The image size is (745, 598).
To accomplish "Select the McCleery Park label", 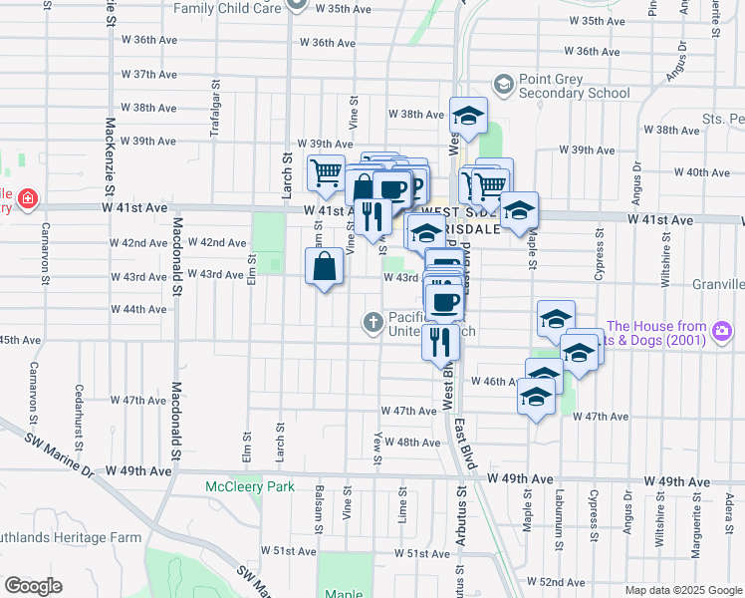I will coord(250,486).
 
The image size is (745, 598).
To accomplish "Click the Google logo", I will coord(33,585).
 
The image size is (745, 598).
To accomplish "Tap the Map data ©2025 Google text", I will coord(682,589).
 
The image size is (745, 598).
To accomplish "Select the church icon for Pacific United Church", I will coord(372,321).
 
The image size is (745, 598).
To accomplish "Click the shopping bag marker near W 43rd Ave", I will coord(324,267).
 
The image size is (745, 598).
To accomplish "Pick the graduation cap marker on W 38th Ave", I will coord(467,117).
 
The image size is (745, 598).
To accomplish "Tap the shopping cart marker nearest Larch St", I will coord(326,173).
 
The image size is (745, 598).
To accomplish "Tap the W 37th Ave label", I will coord(149,75).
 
